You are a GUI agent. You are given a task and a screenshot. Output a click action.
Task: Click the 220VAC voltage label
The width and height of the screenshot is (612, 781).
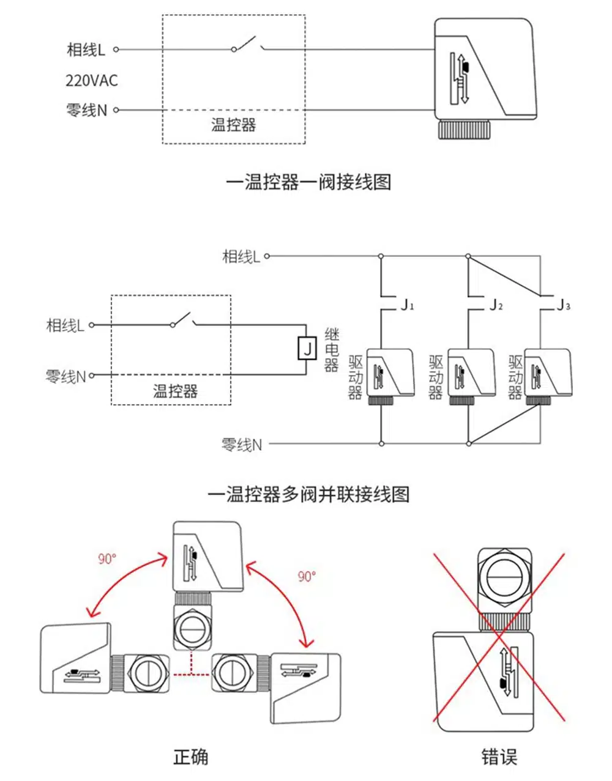click(92, 80)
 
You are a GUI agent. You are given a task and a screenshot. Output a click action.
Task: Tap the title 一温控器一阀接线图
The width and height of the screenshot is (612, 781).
click(308, 182)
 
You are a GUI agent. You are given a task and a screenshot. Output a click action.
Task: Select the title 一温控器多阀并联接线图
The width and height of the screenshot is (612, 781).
click(308, 494)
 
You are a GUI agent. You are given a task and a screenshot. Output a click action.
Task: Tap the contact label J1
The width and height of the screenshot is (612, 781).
click(407, 305)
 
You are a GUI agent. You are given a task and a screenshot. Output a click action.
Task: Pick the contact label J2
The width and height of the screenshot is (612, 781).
click(496, 305)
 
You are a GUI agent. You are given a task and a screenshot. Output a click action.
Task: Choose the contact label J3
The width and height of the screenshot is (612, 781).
click(563, 305)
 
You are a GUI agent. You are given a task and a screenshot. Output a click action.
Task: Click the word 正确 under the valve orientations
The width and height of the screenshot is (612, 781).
click(191, 757)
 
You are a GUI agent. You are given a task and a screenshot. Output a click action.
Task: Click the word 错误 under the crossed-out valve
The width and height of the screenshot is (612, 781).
click(499, 757)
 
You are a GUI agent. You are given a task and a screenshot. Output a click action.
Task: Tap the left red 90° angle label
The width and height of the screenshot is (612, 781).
click(107, 558)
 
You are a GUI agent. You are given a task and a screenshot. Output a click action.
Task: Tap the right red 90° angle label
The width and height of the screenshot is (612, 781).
click(307, 576)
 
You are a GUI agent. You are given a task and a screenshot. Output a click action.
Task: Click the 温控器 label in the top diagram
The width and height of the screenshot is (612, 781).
click(233, 125)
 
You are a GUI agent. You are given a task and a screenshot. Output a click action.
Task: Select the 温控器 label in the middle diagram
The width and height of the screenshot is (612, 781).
click(175, 390)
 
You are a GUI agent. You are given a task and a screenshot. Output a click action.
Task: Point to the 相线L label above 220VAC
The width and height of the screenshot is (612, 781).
click(86, 50)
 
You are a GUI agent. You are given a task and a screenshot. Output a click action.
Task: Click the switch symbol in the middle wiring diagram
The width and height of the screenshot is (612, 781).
click(183, 320)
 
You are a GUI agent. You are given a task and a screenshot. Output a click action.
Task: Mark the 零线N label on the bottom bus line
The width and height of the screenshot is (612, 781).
click(241, 444)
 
